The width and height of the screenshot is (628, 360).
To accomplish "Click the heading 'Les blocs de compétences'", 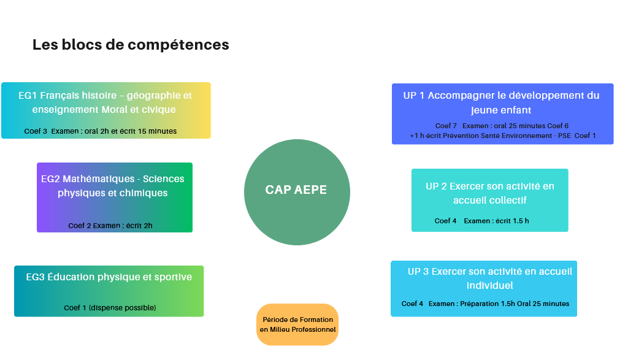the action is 131,45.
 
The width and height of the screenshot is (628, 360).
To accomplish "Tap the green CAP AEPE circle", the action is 297,192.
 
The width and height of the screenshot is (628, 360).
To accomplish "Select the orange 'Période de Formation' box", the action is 297,324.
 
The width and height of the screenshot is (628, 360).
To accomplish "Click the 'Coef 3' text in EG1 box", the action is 36,131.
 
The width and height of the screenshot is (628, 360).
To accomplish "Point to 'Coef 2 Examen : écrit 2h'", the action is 110,226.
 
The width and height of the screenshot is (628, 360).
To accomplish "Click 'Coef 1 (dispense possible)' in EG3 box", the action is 110,308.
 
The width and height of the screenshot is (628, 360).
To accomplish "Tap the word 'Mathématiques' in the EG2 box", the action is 99,179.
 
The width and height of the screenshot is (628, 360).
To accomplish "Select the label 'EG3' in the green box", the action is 35,277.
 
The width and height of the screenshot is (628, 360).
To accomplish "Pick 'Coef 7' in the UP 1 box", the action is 446,126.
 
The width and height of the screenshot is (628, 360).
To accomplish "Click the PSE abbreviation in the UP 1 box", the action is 564,136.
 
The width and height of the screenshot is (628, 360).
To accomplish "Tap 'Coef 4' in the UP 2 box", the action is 445,221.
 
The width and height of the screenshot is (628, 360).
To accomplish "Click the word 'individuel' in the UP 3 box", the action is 490,286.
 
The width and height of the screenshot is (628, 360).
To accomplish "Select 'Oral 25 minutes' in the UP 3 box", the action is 543,304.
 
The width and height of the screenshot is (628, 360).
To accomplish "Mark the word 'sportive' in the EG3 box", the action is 173,277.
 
